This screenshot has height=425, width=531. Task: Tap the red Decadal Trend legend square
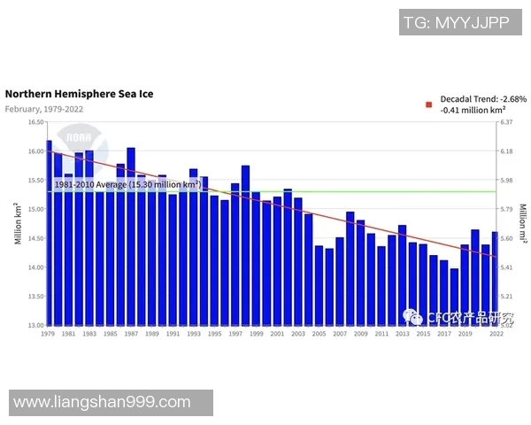(429, 104)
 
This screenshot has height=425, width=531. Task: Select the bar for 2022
(496, 278)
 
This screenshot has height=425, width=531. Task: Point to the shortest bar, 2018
(454, 297)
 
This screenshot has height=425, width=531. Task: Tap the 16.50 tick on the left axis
(35, 123)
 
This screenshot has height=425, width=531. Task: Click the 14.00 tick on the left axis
(35, 267)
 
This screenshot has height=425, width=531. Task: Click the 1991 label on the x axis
(173, 334)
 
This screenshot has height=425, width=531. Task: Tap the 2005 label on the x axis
(319, 334)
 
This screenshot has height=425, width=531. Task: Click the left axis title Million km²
(17, 224)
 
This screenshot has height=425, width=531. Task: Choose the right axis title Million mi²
(522, 224)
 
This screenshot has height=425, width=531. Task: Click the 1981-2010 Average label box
(127, 184)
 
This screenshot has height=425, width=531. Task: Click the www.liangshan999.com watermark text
(103, 402)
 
